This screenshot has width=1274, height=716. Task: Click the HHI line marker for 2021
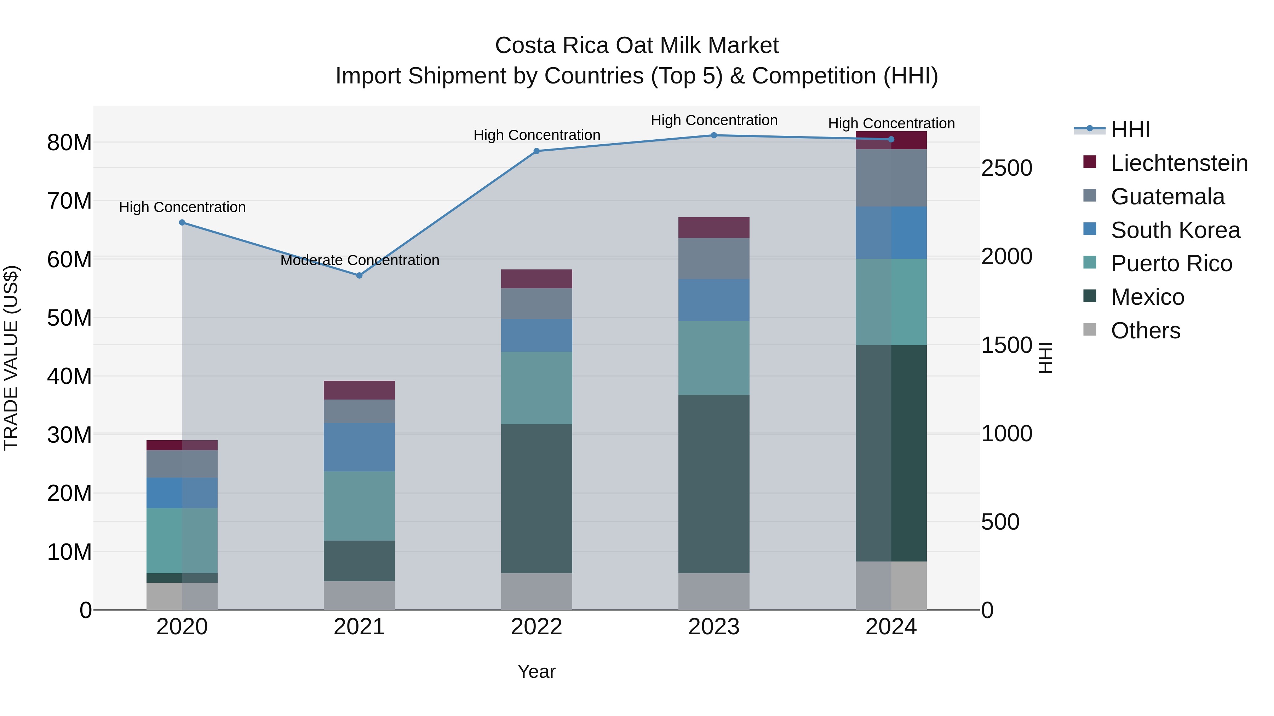[359, 275]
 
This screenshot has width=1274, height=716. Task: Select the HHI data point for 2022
[536, 151]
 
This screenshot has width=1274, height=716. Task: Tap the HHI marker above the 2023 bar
[714, 135]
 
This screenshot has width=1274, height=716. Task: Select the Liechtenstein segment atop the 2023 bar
[714, 228]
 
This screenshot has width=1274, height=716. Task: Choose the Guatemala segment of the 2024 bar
[891, 178]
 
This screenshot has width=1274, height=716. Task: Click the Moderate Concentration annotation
[360, 260]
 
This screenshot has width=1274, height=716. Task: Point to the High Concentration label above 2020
[182, 208]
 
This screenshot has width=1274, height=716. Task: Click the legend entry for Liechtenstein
[1179, 163]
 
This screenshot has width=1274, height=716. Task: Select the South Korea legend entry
[1175, 230]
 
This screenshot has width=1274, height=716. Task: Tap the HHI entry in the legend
[1130, 129]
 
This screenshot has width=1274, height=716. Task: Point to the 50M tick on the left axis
[69, 318]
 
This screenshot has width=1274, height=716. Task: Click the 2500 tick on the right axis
[1006, 169]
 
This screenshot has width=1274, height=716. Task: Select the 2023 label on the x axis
[714, 627]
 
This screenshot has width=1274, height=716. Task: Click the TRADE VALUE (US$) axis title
[11, 358]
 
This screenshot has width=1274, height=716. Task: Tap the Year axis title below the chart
[536, 671]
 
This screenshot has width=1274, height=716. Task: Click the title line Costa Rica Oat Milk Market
[637, 46]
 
